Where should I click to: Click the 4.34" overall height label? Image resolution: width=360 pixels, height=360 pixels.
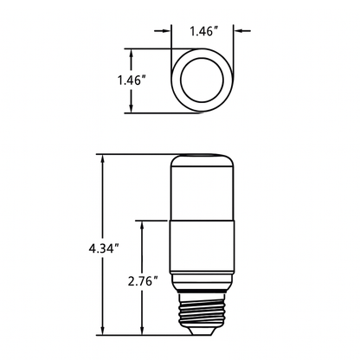103,247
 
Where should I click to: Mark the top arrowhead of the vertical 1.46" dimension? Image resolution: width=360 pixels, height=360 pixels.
131,52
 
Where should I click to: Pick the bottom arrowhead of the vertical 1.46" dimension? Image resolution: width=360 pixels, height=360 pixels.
131,110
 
